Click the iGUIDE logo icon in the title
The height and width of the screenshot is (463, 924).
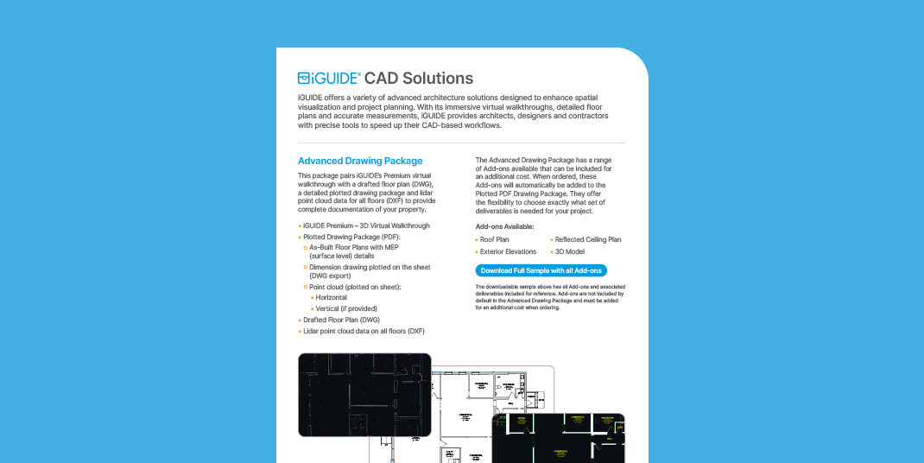click(x=304, y=78)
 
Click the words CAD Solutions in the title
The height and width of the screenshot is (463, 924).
click(x=419, y=78)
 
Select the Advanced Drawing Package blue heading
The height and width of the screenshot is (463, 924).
click(x=360, y=161)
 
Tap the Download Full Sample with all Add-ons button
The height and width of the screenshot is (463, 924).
click(x=541, y=270)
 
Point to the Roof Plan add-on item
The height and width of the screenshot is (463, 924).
click(x=494, y=239)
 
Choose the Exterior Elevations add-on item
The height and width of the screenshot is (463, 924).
click(x=508, y=251)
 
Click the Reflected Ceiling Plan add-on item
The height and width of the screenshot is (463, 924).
click(x=587, y=239)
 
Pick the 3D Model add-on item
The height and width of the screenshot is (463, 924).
click(x=571, y=251)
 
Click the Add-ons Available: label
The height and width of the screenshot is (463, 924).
click(x=504, y=226)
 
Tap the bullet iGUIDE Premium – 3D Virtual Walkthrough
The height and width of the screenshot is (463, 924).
click(x=366, y=225)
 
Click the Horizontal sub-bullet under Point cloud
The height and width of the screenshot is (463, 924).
click(x=332, y=297)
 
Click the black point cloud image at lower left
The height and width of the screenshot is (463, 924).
click(x=364, y=394)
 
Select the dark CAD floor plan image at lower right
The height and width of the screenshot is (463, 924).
click(x=558, y=438)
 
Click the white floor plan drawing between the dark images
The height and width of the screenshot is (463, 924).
click(x=466, y=406)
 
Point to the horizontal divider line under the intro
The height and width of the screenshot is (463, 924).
click(x=461, y=143)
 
